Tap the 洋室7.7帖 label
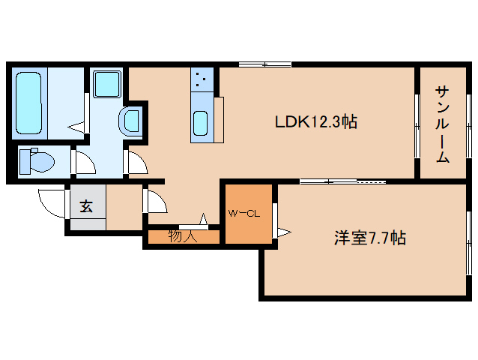point(369,238)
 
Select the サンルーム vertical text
point(443,124)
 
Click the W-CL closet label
point(243,214)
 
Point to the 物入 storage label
point(182,236)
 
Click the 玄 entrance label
point(87,206)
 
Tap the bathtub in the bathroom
point(29,103)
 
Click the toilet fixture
point(37,160)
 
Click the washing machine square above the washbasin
point(107,84)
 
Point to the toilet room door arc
point(82,160)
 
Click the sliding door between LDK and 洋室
point(342,181)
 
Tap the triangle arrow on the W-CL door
point(282,232)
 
